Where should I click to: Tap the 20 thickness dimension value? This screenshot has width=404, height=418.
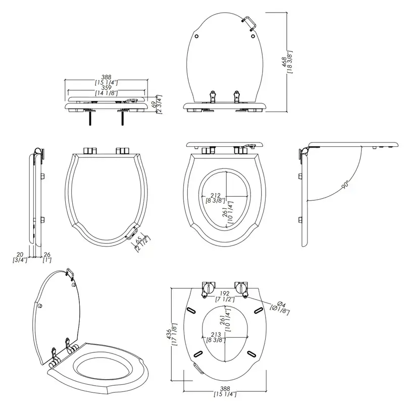(20, 255)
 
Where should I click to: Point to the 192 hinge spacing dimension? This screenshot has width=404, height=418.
(225, 293)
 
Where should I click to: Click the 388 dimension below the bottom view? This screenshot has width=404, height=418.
(225, 388)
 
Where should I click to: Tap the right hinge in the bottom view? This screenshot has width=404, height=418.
(241, 288)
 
